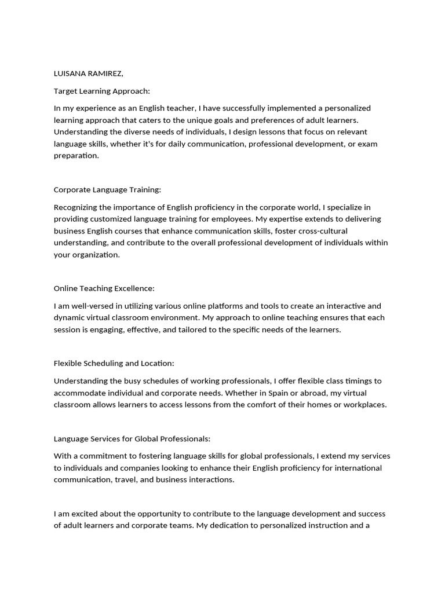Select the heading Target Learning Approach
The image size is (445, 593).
point(101,91)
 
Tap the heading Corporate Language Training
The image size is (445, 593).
point(107,190)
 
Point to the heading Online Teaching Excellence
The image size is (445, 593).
point(104,288)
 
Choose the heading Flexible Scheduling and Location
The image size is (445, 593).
point(114,364)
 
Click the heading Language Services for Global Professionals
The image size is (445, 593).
point(132,439)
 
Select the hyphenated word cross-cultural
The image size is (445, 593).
point(323,231)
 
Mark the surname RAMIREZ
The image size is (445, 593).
point(105,74)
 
